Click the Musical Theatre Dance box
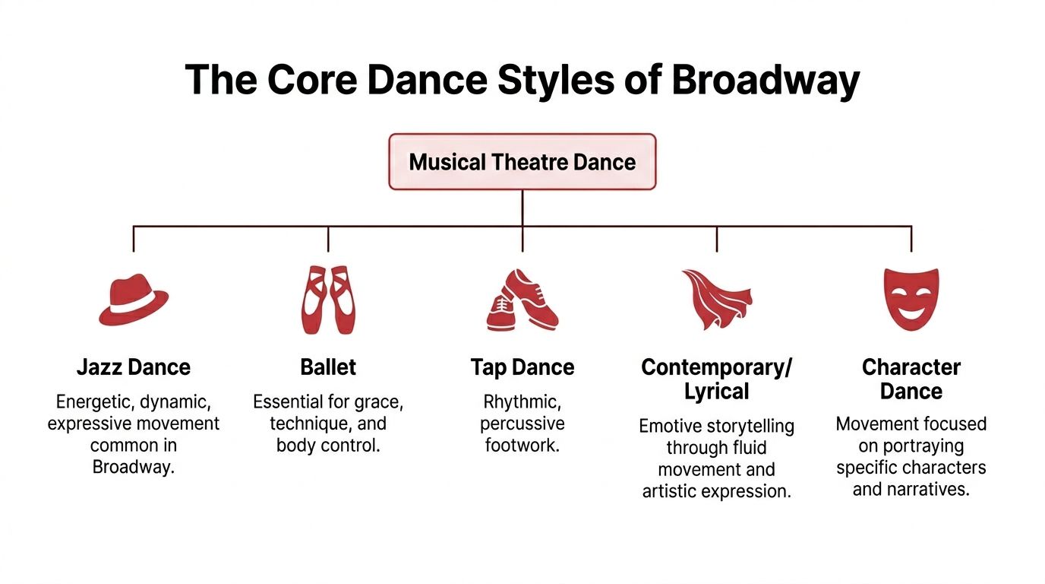(x=522, y=162)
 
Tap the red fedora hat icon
(x=134, y=300)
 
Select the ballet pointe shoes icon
(x=327, y=300)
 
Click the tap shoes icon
(x=522, y=300)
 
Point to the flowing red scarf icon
(x=715, y=300)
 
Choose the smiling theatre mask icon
(x=911, y=299)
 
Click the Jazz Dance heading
(x=134, y=368)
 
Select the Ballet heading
(x=328, y=368)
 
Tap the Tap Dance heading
(x=522, y=368)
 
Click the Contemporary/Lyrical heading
(x=716, y=379)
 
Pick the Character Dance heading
(x=911, y=379)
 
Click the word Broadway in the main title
(x=766, y=79)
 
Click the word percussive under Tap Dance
(x=522, y=424)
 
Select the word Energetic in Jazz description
(x=93, y=402)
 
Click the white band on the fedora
(x=133, y=308)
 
